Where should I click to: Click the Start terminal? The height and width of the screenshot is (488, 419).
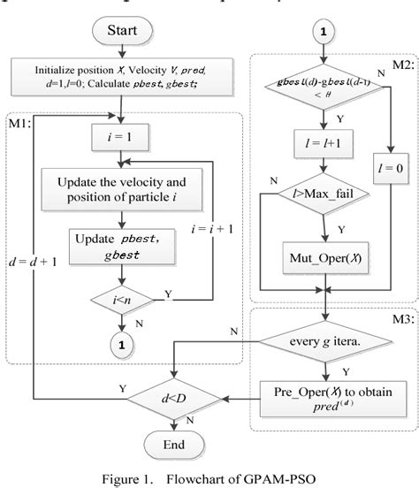pos(121,32)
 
